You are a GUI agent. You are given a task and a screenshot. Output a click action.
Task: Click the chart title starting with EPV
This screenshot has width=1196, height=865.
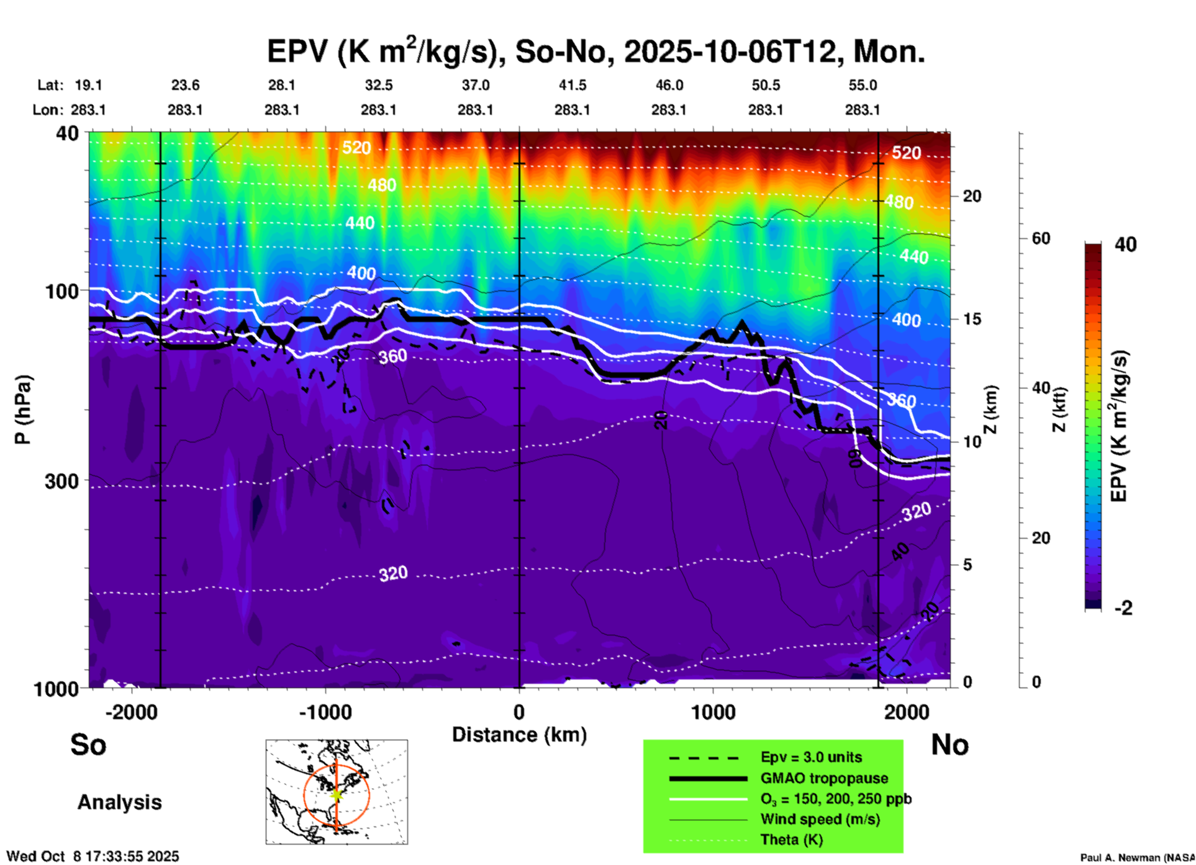pyautogui.click(x=596, y=52)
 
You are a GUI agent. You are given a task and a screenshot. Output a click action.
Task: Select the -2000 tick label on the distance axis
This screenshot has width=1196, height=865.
pyautogui.click(x=132, y=712)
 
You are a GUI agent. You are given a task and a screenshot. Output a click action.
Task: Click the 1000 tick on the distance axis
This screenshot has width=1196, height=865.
pyautogui.click(x=713, y=712)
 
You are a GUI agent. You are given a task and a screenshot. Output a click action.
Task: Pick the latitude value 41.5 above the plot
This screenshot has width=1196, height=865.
pyautogui.click(x=572, y=85)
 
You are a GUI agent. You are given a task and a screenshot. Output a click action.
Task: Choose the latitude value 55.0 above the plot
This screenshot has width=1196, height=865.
pyautogui.click(x=863, y=85)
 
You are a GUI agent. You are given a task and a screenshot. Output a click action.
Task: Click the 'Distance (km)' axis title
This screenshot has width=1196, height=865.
pyautogui.click(x=519, y=735)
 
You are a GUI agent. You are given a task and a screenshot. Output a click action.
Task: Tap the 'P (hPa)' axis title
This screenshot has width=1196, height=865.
pyautogui.click(x=23, y=409)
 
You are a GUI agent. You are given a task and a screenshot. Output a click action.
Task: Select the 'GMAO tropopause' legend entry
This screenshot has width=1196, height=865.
pyautogui.click(x=824, y=778)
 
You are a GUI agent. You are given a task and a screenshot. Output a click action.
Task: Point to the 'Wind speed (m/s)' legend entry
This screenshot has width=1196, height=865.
pyautogui.click(x=820, y=819)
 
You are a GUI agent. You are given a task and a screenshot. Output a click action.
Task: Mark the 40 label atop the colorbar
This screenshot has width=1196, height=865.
pyautogui.click(x=1125, y=244)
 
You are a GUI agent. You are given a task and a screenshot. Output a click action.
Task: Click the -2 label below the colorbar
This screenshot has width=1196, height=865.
pyautogui.click(x=1123, y=608)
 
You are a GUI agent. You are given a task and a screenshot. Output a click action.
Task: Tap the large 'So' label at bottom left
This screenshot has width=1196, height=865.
pyautogui.click(x=88, y=745)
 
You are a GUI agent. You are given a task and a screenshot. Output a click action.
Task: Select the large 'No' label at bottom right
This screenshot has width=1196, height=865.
pyautogui.click(x=949, y=745)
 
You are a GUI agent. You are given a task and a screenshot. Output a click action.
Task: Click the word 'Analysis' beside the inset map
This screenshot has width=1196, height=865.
pyautogui.click(x=119, y=802)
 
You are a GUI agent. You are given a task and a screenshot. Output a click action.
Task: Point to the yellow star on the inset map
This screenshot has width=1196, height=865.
pyautogui.click(x=337, y=794)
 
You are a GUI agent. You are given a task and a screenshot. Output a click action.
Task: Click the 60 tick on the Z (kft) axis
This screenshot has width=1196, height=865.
pyautogui.click(x=1041, y=238)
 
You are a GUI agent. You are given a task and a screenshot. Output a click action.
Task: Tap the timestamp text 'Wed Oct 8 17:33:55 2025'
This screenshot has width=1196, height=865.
pyautogui.click(x=93, y=856)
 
